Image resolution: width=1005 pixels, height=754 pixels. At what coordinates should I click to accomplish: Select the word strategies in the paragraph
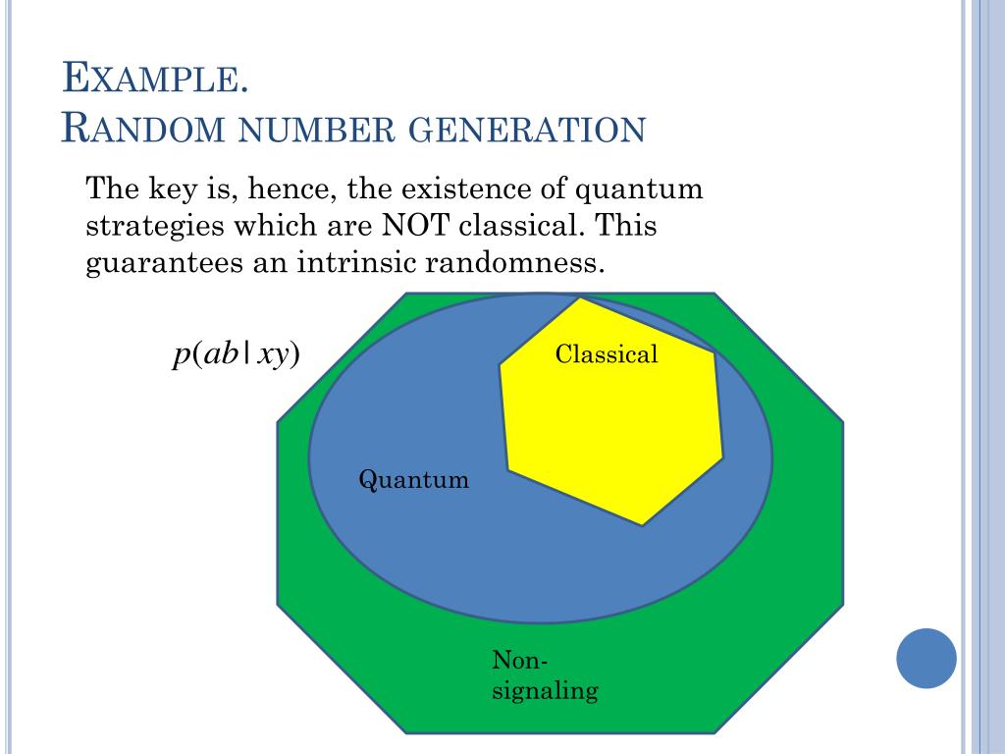tap(155, 227)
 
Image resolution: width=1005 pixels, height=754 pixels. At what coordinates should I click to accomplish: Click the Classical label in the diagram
tap(607, 354)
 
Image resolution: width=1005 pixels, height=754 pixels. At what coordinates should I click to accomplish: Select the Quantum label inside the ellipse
tap(413, 480)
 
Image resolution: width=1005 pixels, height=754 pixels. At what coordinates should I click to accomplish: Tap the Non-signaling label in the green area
tap(545, 674)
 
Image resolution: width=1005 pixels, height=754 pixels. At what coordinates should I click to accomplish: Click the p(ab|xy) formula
tap(236, 354)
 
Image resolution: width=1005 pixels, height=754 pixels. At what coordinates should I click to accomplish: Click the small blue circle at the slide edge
tap(926, 658)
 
